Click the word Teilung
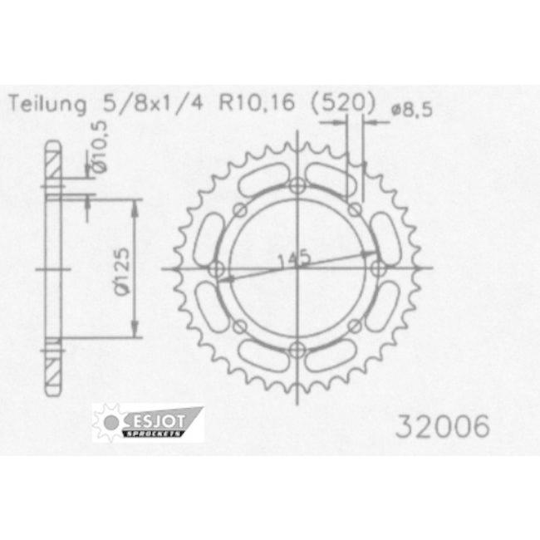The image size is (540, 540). click(x=47, y=103)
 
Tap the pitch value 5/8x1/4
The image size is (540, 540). click(x=153, y=103)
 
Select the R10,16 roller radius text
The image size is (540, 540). click(x=258, y=103)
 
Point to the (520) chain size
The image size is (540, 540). click(x=342, y=103)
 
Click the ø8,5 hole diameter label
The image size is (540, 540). click(x=411, y=110)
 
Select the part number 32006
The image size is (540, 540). click(x=443, y=426)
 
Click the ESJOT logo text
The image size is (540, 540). click(x=159, y=421)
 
